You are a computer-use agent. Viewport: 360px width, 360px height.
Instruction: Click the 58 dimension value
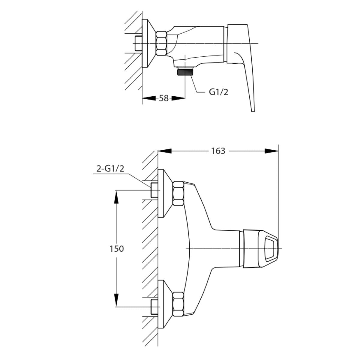coord(163,98)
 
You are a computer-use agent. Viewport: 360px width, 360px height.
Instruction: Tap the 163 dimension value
coord(218,151)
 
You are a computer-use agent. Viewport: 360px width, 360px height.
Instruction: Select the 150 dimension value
coord(117,249)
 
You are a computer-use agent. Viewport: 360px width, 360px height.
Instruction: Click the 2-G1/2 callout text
coord(110,169)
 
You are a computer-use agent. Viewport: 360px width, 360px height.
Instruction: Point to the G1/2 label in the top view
coord(219,92)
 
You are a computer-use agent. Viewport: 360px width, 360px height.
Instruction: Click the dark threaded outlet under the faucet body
coord(185,72)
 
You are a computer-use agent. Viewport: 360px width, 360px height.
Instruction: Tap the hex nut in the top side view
coord(161,43)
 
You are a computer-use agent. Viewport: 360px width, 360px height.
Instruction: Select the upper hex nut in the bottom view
coord(178,193)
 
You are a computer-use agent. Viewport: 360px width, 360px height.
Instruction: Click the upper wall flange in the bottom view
coord(164,193)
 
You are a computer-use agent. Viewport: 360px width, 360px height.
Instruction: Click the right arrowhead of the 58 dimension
coord(179,98)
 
